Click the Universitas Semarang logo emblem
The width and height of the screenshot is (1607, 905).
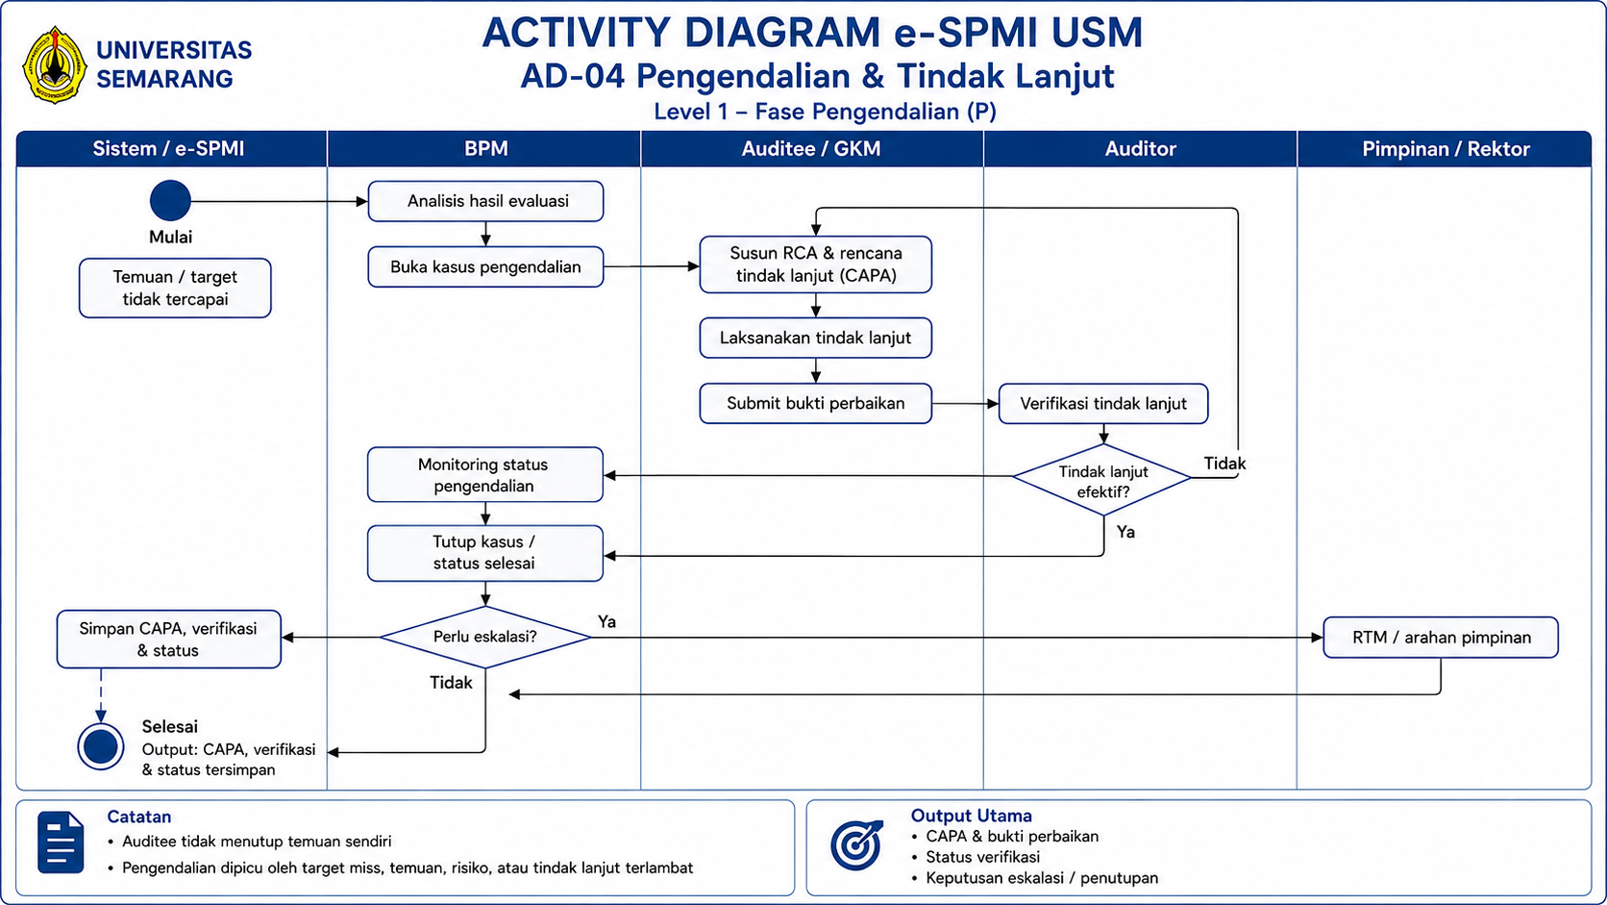[55, 65]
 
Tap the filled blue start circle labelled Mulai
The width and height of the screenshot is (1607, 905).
[170, 200]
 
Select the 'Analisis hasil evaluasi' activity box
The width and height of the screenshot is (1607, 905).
[485, 201]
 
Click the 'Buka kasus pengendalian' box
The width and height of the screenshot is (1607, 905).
[485, 267]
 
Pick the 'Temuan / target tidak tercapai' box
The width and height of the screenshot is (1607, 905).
[175, 288]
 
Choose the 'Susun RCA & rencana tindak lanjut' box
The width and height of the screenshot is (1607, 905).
[816, 264]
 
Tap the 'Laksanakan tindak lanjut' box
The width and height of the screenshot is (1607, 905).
[816, 338]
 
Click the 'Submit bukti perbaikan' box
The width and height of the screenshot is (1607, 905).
[816, 403]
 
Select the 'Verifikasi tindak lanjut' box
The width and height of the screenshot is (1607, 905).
[1103, 403]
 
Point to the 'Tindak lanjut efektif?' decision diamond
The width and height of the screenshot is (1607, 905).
[1102, 479]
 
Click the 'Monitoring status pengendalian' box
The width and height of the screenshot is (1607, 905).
[485, 474]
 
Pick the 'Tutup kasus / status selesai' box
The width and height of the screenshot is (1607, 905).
[485, 553]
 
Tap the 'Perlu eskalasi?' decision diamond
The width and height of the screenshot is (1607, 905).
[485, 638]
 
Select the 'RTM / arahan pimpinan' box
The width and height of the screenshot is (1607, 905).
[1441, 638]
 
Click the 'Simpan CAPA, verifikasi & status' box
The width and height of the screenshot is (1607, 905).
[168, 640]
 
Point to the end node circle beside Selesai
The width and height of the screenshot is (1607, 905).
[100, 746]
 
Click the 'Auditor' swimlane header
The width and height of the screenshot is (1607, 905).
[1140, 148]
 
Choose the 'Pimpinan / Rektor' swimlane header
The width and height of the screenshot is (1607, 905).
[1445, 148]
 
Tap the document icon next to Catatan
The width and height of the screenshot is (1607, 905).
[61, 842]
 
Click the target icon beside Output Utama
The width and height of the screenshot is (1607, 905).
[856, 844]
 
